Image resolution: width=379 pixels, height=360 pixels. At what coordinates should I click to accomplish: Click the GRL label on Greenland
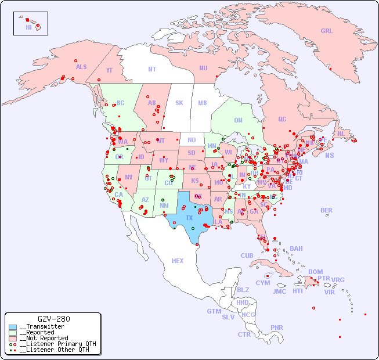[327, 31]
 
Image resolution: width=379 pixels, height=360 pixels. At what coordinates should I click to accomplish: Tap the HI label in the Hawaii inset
[28, 27]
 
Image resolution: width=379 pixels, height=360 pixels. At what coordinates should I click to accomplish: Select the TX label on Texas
[189, 218]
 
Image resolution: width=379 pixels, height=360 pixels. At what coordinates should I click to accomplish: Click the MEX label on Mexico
[178, 261]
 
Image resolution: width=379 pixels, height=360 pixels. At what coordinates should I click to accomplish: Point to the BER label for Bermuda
[326, 210]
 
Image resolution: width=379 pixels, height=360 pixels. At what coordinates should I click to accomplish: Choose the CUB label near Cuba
[247, 255]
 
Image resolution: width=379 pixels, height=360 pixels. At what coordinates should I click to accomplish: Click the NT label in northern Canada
[152, 69]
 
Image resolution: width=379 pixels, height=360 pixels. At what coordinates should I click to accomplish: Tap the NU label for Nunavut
[203, 68]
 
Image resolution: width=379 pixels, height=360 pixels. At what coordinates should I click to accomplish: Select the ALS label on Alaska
[81, 67]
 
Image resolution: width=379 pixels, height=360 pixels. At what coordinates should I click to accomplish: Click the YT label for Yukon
[109, 70]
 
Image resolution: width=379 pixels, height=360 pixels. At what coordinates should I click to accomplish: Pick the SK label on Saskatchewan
[179, 103]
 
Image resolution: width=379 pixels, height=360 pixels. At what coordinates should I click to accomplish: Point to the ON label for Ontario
[238, 120]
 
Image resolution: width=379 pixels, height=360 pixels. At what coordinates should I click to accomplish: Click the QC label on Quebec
[282, 119]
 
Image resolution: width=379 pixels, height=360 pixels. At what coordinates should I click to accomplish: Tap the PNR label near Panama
[277, 327]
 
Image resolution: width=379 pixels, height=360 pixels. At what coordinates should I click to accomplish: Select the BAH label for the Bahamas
[296, 249]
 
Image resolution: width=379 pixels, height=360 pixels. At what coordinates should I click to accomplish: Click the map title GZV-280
[53, 319]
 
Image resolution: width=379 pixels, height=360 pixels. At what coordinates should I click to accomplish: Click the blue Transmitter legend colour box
[13, 327]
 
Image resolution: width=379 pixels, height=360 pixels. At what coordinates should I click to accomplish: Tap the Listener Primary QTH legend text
[57, 344]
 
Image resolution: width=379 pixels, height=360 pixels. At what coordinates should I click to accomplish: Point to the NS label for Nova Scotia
[329, 155]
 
